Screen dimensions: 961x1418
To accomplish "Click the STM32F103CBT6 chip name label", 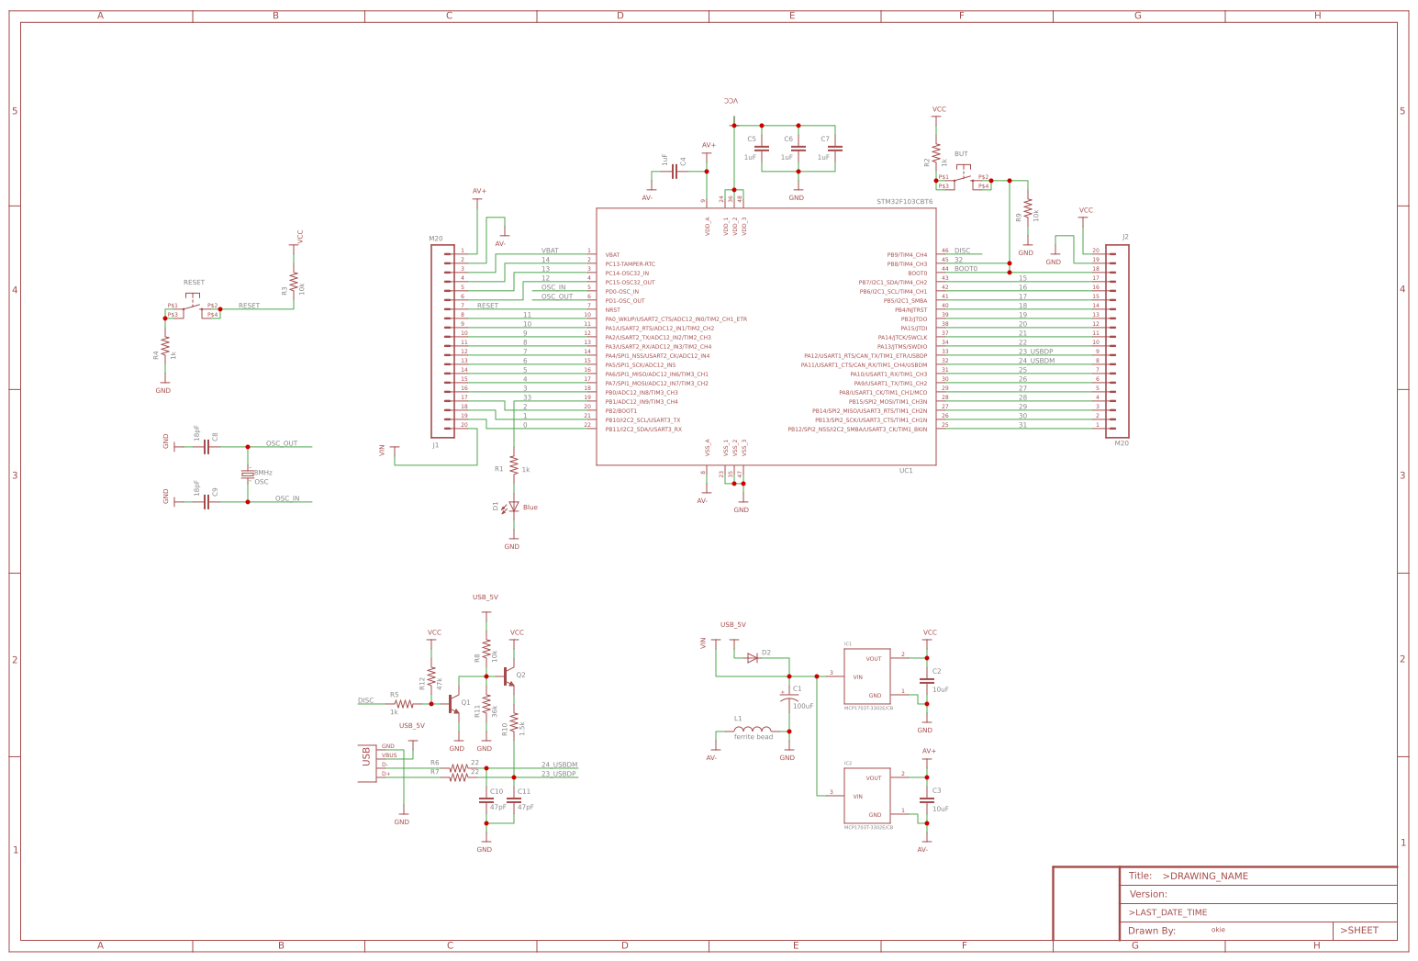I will (x=904, y=201).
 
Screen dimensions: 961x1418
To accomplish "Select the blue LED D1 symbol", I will (x=514, y=507).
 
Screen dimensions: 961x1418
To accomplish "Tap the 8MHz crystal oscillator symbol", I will (x=247, y=475).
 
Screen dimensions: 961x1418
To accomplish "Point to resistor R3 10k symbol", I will (x=294, y=282).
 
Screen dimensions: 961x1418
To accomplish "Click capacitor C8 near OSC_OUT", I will (x=207, y=447).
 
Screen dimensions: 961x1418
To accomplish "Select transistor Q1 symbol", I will (x=452, y=704).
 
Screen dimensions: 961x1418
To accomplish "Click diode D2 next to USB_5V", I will (x=753, y=657).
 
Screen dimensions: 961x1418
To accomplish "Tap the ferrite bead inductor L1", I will (x=752, y=731).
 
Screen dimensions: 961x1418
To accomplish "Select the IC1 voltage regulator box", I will (x=867, y=676).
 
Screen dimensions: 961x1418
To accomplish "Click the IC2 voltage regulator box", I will (x=867, y=795).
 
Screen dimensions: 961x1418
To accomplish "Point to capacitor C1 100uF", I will (x=788, y=698).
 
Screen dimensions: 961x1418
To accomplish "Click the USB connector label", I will (x=366, y=756).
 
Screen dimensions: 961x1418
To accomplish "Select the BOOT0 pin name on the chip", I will (x=917, y=273).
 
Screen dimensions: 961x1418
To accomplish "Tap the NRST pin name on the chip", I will (x=612, y=309).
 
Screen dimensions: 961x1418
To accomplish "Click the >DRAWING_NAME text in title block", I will (x=1205, y=876).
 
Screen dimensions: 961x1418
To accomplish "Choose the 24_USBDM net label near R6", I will (x=559, y=765).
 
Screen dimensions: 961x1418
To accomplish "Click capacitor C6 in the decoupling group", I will (x=798, y=148).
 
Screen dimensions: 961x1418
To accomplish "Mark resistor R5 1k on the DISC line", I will (x=404, y=704).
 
